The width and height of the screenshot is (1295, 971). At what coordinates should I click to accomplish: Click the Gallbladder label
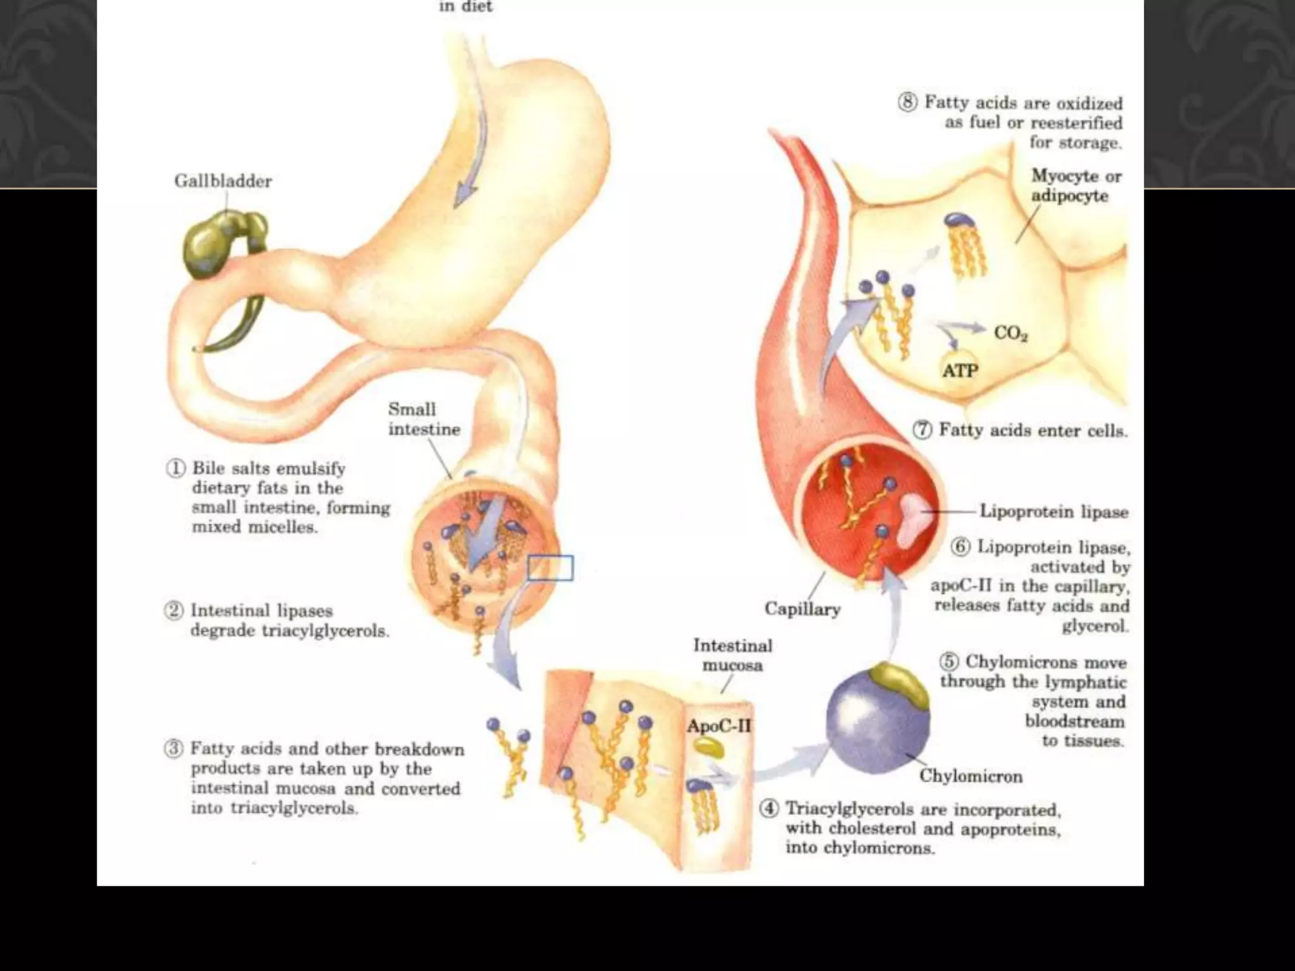223,181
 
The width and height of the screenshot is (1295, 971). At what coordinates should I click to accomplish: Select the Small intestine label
424,419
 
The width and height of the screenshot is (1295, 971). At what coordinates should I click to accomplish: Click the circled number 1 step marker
175,469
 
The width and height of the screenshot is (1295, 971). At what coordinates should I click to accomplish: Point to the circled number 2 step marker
173,611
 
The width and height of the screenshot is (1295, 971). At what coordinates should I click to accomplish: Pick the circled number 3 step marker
173,749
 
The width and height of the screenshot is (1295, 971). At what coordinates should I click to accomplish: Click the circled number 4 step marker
768,809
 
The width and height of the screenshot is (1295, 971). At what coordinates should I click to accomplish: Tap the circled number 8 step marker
908,102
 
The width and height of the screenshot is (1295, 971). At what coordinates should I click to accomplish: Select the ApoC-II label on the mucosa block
719,726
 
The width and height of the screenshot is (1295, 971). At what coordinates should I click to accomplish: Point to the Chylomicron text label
970,776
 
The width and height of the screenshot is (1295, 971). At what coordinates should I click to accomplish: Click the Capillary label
802,609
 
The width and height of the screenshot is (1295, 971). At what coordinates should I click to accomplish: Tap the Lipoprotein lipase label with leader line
1053,511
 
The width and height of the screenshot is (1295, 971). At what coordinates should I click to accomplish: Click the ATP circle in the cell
960,371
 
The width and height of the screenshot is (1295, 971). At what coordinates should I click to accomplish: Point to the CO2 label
1010,333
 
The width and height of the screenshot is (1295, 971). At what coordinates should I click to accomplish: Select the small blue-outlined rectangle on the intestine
550,568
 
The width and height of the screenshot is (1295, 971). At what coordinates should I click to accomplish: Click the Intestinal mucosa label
732,656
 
